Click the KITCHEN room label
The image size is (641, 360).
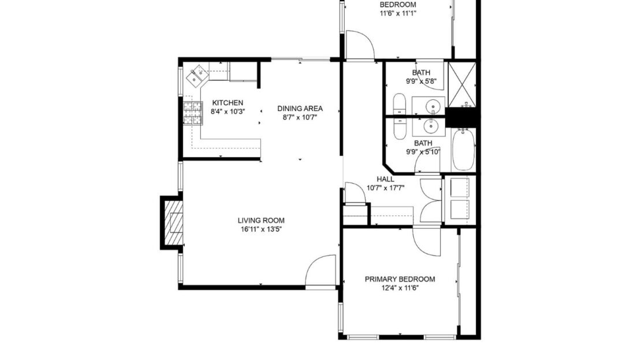tap(223, 102)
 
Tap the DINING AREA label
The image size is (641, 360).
tap(300, 108)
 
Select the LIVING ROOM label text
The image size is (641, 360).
tap(261, 220)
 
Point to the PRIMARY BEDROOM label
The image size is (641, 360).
tap(400, 279)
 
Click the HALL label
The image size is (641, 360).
tap(385, 179)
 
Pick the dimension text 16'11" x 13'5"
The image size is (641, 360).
tap(261, 229)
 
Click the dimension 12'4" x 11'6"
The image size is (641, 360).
tap(400, 288)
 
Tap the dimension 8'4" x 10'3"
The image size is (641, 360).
tap(223, 111)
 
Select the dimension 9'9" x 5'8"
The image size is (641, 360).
tap(421, 81)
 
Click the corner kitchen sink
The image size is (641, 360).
tap(197, 75)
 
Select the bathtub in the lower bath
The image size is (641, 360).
tap(463, 150)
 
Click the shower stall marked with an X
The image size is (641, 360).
tap(462, 84)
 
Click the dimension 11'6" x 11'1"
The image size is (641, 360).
tap(397, 13)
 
